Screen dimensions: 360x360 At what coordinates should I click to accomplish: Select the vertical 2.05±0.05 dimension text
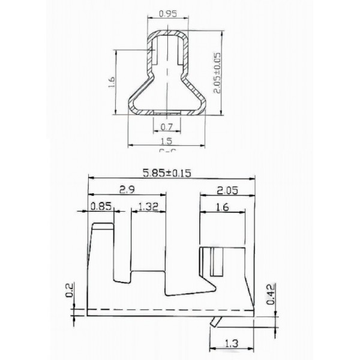[217, 71]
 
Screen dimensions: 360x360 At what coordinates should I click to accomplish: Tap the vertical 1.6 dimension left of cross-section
[110, 82]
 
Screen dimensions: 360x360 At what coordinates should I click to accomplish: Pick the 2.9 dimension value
[127, 190]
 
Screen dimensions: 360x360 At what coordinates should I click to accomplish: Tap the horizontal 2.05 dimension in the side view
[228, 190]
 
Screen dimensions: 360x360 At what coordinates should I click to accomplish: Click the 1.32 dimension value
[147, 207]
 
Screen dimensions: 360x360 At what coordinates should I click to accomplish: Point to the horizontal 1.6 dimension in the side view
[221, 207]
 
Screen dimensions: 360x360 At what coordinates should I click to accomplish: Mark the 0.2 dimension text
[70, 291]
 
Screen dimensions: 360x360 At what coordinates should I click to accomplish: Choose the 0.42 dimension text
[271, 294]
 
